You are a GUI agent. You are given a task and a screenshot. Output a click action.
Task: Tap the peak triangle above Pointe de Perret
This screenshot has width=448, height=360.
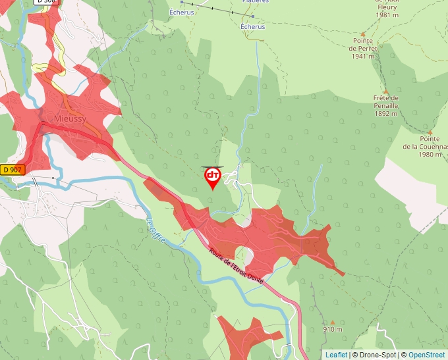(x=363, y=32)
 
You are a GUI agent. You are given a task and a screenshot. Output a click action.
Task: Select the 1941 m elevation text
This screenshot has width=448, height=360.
(x=363, y=57)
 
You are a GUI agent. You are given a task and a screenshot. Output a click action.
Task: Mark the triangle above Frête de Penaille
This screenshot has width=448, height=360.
(x=386, y=91)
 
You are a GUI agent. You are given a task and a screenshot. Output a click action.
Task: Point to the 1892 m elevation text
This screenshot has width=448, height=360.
(x=386, y=113)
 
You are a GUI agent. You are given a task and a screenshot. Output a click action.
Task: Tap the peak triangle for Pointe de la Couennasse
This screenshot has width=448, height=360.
(x=429, y=132)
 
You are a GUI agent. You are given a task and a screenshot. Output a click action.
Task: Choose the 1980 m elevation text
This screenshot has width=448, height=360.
(x=429, y=154)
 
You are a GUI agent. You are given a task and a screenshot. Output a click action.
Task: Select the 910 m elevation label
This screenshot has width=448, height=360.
(x=333, y=329)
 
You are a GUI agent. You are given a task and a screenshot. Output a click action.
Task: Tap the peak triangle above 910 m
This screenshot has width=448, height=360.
(x=333, y=322)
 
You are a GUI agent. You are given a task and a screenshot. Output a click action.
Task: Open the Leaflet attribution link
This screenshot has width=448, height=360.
(x=336, y=355)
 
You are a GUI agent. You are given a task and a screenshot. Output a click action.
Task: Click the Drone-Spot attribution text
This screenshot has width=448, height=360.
(x=375, y=355)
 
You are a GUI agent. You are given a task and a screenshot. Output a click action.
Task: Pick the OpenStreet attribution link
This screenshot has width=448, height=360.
(x=426, y=355)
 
